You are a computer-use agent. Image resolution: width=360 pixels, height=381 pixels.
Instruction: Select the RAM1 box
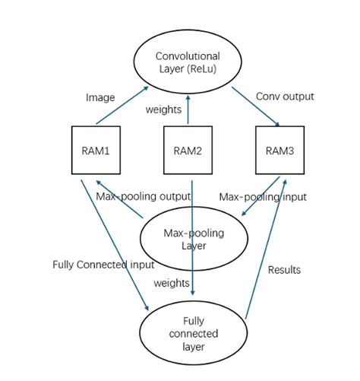tap(96, 150)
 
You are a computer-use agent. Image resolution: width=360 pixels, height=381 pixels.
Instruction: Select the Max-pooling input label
tap(263, 197)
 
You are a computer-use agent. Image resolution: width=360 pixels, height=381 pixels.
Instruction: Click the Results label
tap(285, 269)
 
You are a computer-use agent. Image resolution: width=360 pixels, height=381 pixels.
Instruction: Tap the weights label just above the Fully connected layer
tap(171, 283)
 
